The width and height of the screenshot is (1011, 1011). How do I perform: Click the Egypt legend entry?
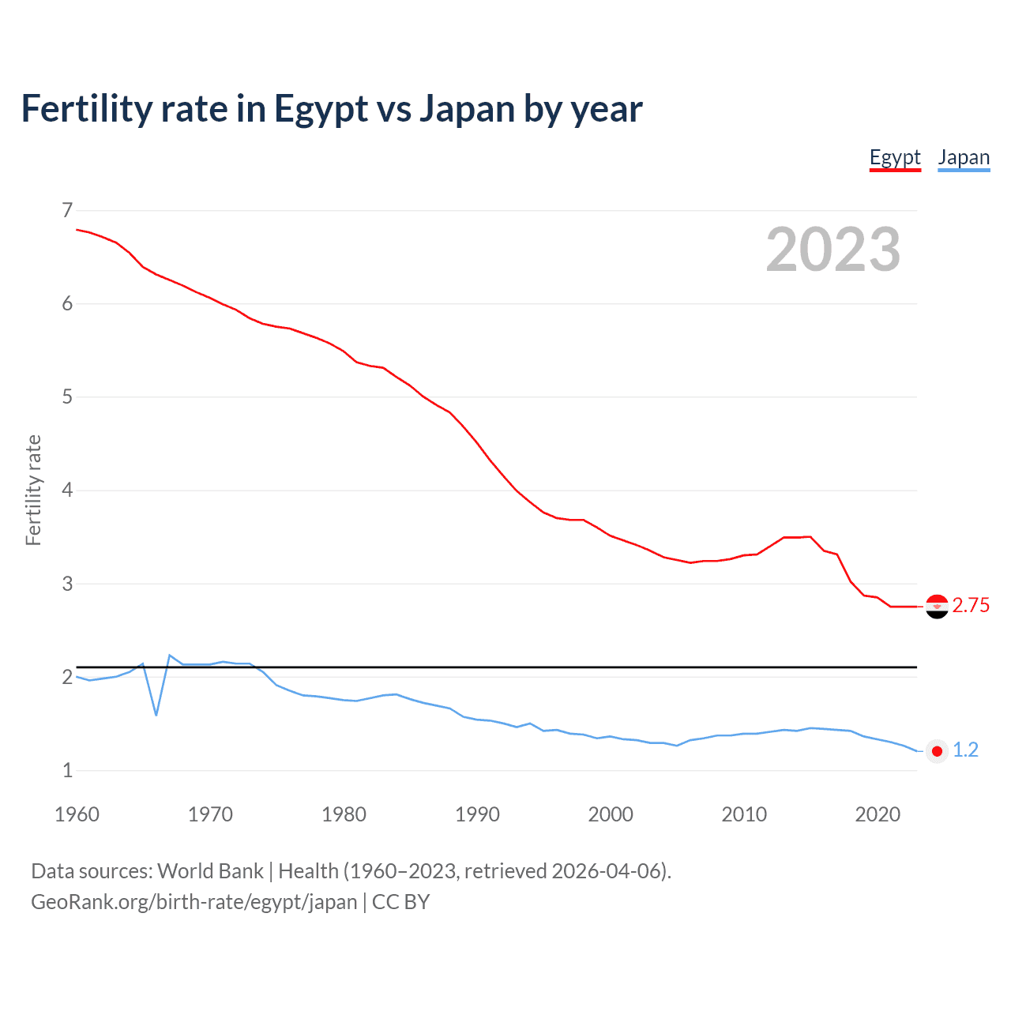pos(895,157)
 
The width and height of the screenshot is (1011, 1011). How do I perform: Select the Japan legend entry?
pos(964,157)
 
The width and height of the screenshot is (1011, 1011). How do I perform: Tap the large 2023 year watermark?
pos(832,250)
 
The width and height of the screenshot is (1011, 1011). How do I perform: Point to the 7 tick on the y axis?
pos(67,210)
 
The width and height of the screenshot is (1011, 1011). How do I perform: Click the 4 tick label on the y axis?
pos(67,490)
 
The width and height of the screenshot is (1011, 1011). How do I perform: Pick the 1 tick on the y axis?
pos(67,770)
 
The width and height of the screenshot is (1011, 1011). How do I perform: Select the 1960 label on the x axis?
pos(77,814)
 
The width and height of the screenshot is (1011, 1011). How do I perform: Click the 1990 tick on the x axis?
pos(477,814)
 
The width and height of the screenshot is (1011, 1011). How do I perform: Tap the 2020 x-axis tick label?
pos(878,814)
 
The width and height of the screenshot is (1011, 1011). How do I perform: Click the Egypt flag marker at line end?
pos(937,606)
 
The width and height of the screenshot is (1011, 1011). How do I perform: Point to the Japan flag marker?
pos(937,751)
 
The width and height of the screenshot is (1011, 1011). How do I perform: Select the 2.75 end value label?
pos(971,606)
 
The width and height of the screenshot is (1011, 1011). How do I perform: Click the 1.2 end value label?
pos(965,750)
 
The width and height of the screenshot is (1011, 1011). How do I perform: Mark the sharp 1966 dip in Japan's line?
pos(156,715)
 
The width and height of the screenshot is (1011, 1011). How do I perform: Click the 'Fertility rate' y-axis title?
pos(33,490)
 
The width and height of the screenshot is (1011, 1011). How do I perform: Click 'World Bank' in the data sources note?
pos(210,871)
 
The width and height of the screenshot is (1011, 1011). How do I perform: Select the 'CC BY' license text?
pos(400,902)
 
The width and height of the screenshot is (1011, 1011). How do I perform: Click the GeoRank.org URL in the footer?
pos(194,902)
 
